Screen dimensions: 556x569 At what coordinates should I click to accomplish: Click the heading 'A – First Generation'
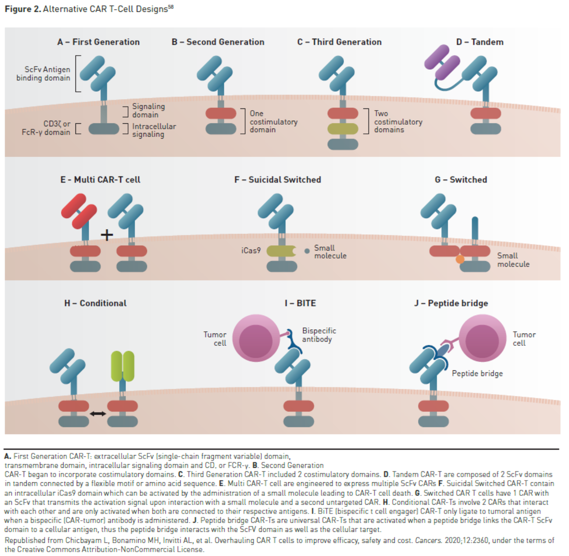98,42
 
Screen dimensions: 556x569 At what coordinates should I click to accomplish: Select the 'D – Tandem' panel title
480,42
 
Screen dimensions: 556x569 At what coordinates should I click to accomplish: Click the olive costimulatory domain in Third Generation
343,129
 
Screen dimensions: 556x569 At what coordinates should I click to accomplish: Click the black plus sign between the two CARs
107,235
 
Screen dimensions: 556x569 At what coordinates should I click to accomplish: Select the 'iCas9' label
251,251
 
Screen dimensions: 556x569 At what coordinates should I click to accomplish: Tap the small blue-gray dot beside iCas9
307,251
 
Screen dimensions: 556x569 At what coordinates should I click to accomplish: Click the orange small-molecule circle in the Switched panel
460,259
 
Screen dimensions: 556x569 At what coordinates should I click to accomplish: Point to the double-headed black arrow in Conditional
98,413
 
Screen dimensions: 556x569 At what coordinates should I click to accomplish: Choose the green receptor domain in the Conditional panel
122,366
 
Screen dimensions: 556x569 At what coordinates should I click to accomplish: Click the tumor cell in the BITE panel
256,338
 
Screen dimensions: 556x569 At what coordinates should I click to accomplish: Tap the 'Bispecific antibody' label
319,335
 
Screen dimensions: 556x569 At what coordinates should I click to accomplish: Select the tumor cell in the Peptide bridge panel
482,338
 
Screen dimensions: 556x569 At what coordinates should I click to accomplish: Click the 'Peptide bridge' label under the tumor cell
477,373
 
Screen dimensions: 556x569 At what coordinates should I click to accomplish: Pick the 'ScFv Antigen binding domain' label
43,74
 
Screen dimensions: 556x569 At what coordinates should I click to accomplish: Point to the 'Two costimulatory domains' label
398,122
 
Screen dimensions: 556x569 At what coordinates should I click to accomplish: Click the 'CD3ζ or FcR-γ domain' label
46,128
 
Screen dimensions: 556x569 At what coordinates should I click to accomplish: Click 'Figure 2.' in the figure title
23,9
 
